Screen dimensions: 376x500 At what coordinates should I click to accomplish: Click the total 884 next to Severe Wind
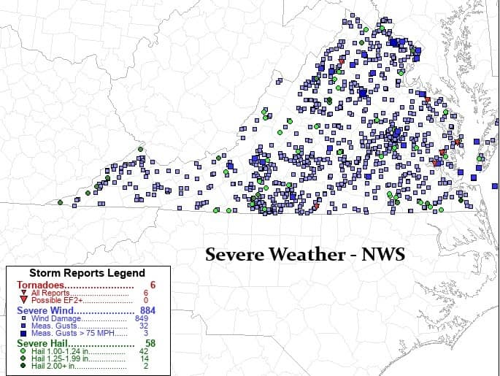(147, 310)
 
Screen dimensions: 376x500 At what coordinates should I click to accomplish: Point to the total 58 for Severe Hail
(150, 343)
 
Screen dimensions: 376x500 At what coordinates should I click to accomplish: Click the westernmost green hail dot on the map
(60, 202)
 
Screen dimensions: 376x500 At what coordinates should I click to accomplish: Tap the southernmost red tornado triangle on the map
(316, 206)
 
